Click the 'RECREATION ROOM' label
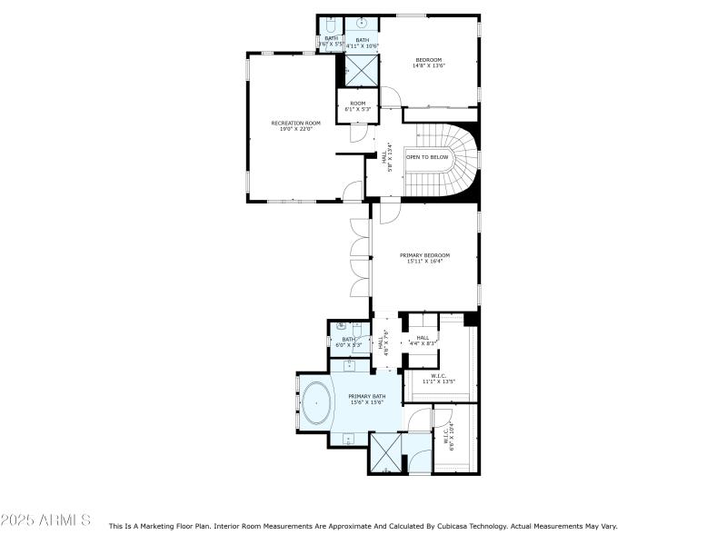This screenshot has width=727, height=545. [295, 123]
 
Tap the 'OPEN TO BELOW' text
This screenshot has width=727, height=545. [427, 157]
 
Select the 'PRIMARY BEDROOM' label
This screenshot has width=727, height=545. [424, 255]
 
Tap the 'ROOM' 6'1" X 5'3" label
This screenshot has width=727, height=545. [358, 104]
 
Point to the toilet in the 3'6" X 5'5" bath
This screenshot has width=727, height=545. [330, 25]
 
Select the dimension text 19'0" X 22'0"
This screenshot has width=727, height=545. [295, 129]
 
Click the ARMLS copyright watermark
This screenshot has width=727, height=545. [45, 520]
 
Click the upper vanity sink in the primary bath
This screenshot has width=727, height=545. [349, 365]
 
